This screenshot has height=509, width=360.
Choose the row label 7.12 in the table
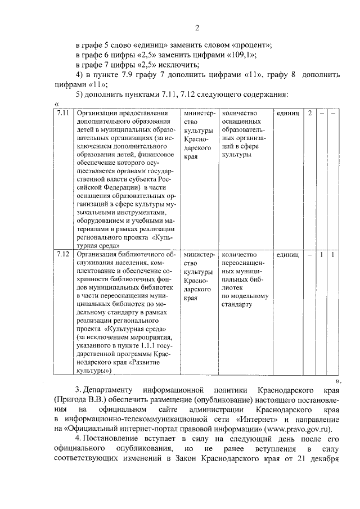63,255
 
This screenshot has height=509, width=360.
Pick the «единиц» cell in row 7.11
287,113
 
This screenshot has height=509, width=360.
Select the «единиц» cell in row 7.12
287,255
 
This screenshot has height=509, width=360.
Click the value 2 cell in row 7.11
310,113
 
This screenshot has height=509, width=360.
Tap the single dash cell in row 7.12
310,255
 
